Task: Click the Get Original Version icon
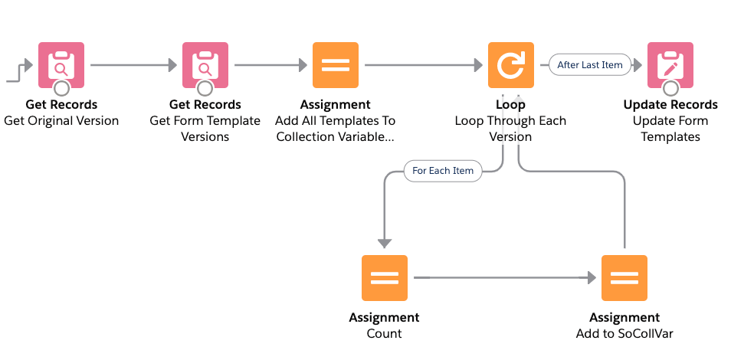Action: (61, 65)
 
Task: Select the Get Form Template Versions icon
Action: (205, 65)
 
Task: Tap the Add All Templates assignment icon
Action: (336, 65)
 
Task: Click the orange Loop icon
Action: (511, 65)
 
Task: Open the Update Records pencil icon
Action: (670, 65)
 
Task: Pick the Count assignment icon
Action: (385, 278)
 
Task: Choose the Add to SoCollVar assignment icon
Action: (624, 278)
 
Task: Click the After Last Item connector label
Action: (590, 65)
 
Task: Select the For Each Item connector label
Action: (442, 171)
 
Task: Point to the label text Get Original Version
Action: (61, 121)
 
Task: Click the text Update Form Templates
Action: (670, 129)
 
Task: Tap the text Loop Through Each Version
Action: (510, 129)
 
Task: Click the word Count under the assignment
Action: (384, 333)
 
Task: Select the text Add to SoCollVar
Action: (624, 333)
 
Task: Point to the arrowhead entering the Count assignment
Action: (385, 244)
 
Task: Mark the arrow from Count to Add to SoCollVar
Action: (505, 278)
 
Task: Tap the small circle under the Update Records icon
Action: (670, 87)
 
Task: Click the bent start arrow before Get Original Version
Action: (19, 73)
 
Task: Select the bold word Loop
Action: (510, 104)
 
